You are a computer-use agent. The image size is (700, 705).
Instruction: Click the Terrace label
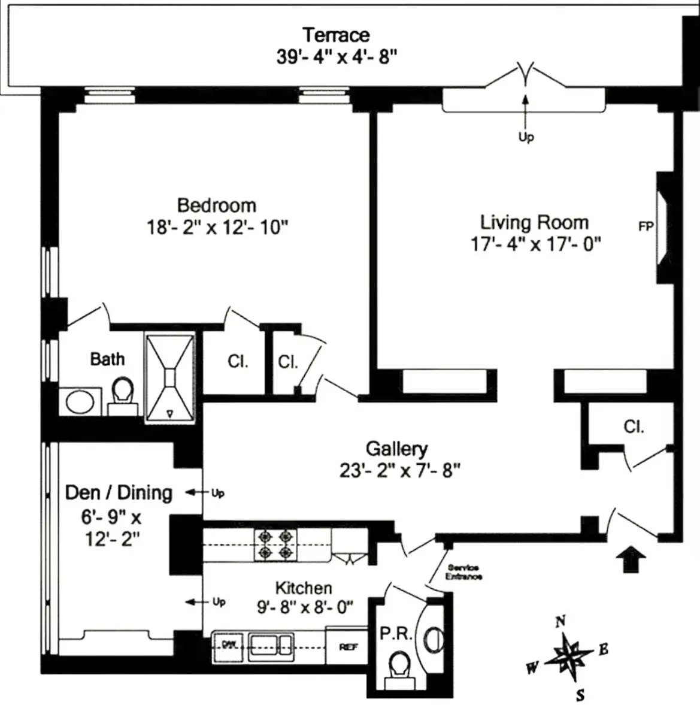(x=335, y=35)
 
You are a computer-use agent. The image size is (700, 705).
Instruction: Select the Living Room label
(x=534, y=223)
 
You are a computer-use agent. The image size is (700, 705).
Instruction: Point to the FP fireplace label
(x=646, y=227)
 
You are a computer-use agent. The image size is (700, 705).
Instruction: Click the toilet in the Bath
(x=123, y=396)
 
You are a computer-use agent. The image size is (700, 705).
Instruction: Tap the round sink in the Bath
(x=83, y=401)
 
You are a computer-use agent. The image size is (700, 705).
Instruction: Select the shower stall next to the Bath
(x=170, y=377)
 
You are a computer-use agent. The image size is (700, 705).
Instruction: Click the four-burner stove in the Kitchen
(x=277, y=544)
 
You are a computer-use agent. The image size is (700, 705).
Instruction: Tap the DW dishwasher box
(x=228, y=645)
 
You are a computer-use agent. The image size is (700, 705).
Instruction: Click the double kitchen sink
(x=271, y=645)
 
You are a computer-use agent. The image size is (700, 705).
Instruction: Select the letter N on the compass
(x=560, y=621)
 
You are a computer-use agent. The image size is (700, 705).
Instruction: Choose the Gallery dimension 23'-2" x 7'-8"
(x=399, y=471)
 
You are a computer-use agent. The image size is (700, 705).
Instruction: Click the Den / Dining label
(x=119, y=493)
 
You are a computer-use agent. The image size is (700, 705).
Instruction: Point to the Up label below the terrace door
(x=526, y=137)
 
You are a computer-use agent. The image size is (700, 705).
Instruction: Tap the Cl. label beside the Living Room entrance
(x=634, y=426)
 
